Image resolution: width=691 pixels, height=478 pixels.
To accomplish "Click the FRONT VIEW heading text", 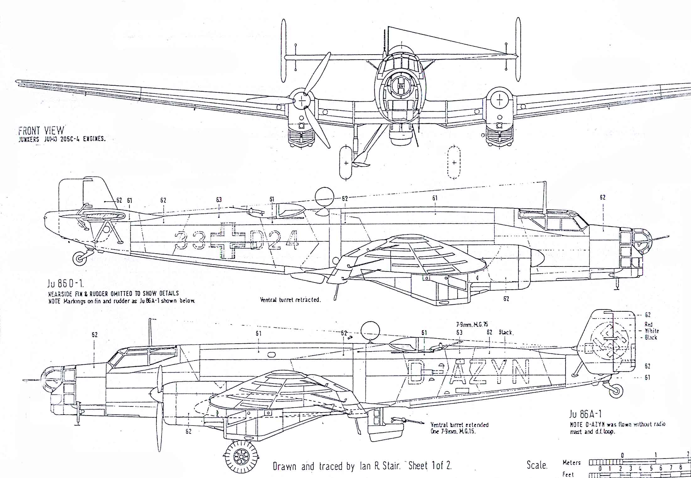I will tap(41, 131).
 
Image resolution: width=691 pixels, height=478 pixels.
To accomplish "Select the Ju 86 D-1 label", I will tap(65, 284).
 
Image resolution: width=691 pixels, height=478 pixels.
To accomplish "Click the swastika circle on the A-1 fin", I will tap(609, 340).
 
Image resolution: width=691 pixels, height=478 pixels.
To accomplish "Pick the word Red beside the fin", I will tap(648, 324).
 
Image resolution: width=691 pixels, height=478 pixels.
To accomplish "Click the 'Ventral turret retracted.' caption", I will tap(290, 300).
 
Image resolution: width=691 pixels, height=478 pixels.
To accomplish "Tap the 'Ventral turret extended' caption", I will tap(460, 425).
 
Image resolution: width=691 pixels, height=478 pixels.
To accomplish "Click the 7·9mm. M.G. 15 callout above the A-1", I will tap(472, 325).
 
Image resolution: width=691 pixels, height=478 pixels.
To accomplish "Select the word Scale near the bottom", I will tap(537, 465).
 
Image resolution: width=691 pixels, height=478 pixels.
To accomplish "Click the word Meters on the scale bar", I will tap(572, 462).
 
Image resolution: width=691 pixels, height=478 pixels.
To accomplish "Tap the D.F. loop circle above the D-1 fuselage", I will tap(324, 197).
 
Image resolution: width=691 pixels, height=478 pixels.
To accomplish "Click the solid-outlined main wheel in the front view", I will tap(346, 163).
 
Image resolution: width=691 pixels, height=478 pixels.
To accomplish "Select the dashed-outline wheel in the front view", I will tap(454, 163).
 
